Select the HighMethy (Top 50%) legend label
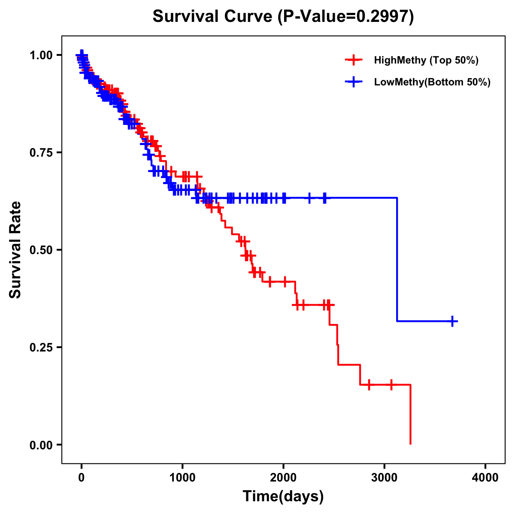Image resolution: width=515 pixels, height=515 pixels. point(426,60)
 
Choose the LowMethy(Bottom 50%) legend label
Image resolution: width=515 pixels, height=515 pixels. point(432,82)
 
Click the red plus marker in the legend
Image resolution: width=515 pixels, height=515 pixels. point(353,60)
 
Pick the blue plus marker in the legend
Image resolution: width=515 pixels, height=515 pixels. point(353,82)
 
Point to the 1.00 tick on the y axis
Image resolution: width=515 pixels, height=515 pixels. point(41,55)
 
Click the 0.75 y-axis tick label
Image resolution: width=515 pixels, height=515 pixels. point(41,152)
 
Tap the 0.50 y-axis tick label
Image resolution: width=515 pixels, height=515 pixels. point(41,250)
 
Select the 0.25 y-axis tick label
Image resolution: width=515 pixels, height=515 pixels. point(41,347)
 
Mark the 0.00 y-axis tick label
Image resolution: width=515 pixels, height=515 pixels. point(41,445)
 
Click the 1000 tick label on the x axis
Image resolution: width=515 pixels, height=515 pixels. point(182,478)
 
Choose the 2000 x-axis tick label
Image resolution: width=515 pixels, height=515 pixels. point(283,478)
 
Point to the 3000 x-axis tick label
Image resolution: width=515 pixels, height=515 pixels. point(385,478)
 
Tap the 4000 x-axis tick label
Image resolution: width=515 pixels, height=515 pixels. point(485,478)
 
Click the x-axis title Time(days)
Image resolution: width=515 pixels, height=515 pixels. point(283,496)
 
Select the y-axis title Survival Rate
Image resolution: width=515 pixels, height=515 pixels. point(15,250)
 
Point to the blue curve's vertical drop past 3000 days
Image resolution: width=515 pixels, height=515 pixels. point(397,260)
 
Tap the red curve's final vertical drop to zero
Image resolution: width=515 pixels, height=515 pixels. point(411,414)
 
